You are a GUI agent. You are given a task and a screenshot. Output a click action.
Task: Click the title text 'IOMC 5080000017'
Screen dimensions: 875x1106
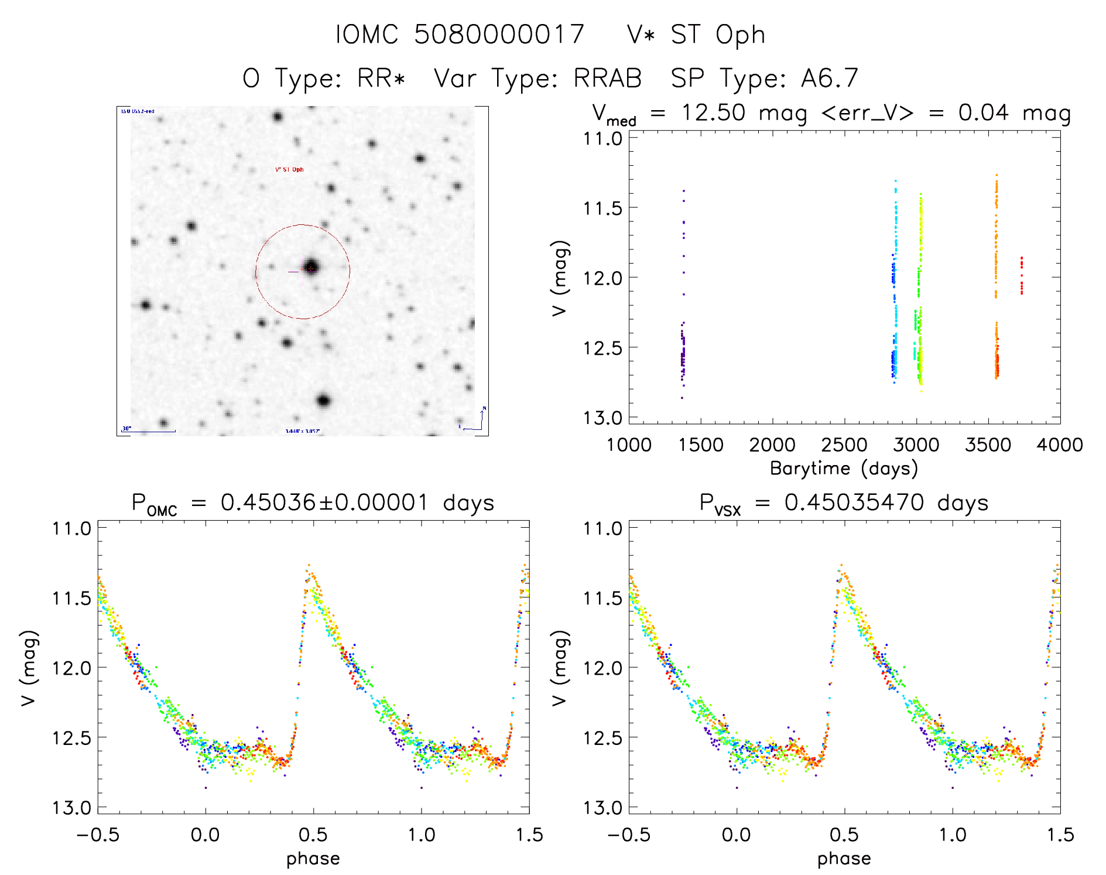(460, 35)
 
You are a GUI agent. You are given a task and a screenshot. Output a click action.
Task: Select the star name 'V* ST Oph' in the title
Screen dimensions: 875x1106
(696, 35)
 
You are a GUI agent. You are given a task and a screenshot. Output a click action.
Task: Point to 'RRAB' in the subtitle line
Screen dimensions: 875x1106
(607, 78)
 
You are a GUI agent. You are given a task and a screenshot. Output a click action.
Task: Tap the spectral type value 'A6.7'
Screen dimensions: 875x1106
(830, 78)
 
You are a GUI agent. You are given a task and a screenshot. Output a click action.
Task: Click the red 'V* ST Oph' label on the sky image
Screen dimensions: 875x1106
(289, 170)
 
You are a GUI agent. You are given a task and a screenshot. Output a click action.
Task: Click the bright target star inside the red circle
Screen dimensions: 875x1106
(311, 268)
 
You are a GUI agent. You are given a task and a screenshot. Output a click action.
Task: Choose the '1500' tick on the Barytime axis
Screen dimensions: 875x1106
(700, 445)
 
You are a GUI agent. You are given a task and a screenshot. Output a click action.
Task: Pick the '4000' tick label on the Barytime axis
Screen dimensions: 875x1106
(1059, 445)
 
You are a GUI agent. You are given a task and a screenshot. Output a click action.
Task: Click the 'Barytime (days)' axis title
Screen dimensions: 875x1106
(844, 469)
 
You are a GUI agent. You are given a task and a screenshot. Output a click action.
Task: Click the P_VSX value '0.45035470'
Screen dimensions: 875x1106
(854, 503)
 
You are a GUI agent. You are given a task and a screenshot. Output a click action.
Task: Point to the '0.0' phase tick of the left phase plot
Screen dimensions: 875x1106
(206, 835)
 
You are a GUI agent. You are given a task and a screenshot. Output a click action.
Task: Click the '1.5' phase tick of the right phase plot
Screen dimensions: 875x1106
(1059, 835)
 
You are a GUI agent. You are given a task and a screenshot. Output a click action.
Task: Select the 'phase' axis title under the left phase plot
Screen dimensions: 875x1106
(313, 859)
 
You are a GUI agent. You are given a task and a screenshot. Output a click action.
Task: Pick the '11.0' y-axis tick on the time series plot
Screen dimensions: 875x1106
(602, 139)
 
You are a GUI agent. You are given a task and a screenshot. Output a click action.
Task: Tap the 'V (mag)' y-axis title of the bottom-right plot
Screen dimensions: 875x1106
(560, 668)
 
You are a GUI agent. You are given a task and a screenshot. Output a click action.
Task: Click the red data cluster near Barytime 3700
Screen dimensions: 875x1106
(1022, 275)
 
